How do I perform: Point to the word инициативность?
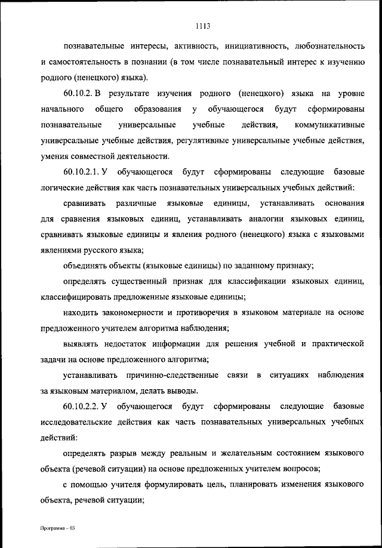251,45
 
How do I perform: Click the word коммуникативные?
329,125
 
